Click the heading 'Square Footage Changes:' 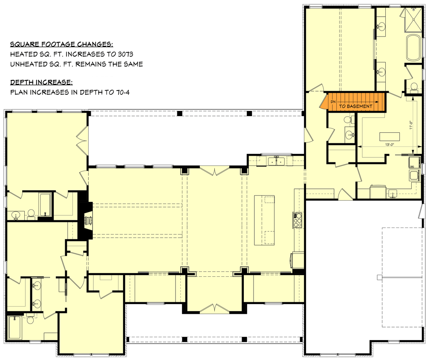(x=62, y=44)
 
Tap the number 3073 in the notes (x=134, y=54)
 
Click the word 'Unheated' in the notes (x=28, y=64)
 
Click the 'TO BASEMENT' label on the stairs (x=356, y=106)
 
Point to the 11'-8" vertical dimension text (x=411, y=126)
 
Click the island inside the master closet (x=390, y=136)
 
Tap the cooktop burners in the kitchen (x=297, y=219)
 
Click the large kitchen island (x=264, y=220)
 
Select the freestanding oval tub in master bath (x=413, y=48)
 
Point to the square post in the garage (x=379, y=277)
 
